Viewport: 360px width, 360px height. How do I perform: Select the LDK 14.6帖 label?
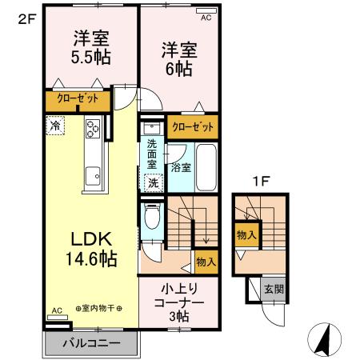92,249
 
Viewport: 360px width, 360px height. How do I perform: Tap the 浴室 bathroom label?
181,168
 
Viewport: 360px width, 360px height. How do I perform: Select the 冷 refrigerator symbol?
55,126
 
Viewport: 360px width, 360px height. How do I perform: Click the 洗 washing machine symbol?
153,182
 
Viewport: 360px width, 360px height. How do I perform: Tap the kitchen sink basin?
94,172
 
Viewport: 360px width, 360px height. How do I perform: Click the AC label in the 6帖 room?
206,17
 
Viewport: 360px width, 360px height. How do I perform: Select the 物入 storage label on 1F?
246,235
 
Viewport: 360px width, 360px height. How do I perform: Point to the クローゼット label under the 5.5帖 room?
77,100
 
